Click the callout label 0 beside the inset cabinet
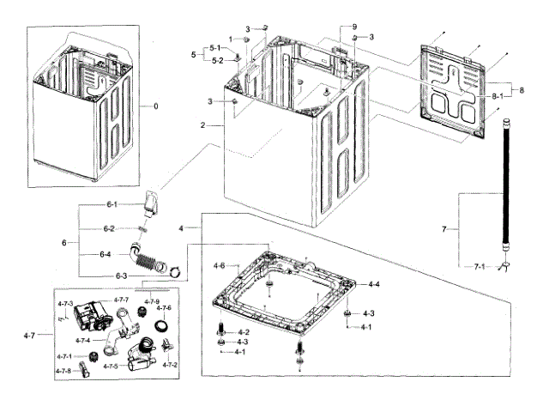coord(155,106)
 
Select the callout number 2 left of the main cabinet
coord(202,125)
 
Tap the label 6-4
coord(106,254)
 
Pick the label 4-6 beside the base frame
coord(219,265)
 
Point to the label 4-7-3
coord(64,305)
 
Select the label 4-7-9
coord(152,301)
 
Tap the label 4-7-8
coord(64,371)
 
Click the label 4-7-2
coord(169,366)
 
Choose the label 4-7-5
coord(112,367)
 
